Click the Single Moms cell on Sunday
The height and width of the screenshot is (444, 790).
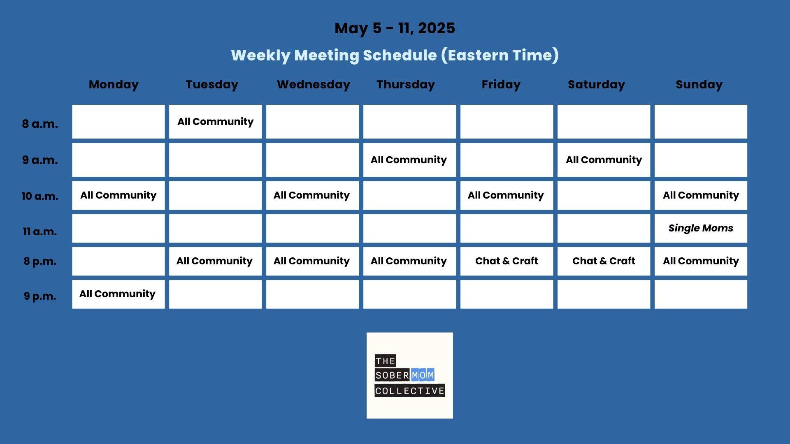(701, 228)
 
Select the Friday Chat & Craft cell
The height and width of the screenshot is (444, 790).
(507, 261)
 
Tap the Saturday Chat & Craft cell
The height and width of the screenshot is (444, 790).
(604, 261)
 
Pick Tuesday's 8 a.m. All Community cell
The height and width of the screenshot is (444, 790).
(215, 122)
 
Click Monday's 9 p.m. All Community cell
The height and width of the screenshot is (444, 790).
(118, 294)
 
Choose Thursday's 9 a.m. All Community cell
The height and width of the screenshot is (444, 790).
(409, 160)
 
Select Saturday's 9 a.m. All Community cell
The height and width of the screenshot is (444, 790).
(604, 160)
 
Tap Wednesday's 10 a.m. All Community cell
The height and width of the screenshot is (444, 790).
(312, 195)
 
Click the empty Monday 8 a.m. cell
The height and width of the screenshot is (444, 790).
(118, 122)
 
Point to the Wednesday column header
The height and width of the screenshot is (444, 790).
(314, 85)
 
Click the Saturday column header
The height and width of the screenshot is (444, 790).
(596, 85)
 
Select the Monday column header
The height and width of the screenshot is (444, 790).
(114, 85)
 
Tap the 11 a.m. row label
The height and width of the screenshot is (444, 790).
(40, 231)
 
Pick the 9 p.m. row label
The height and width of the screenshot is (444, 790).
(40, 296)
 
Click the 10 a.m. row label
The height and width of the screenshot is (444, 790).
(40, 196)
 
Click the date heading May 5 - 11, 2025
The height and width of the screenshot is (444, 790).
(395, 28)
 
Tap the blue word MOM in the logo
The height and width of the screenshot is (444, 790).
(423, 375)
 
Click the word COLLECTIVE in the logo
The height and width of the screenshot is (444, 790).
(410, 391)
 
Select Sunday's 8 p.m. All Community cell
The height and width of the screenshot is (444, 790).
(701, 261)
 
